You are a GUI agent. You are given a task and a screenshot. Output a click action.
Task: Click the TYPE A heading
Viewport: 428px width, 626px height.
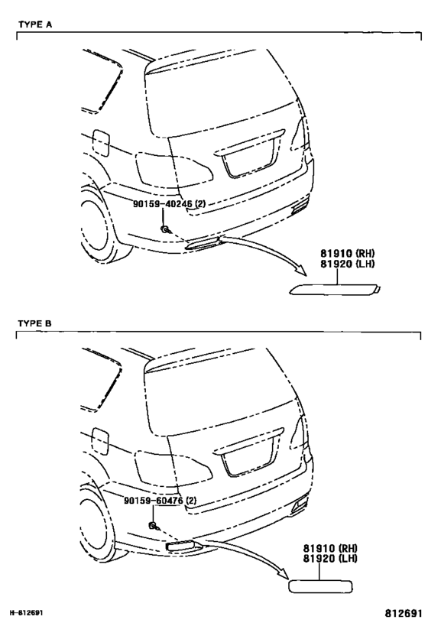pyautogui.click(x=35, y=24)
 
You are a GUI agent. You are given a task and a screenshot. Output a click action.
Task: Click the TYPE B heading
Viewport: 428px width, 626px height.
pyautogui.click(x=35, y=323)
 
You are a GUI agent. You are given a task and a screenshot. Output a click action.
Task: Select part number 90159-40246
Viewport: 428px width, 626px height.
pyautogui.click(x=163, y=203)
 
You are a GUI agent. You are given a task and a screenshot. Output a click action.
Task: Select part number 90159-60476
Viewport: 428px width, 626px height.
pyautogui.click(x=154, y=500)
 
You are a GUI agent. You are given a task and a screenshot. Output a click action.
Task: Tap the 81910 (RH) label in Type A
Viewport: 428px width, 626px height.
pyautogui.click(x=347, y=253)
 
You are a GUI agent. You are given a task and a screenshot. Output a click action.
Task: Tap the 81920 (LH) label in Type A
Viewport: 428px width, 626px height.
pyautogui.click(x=347, y=264)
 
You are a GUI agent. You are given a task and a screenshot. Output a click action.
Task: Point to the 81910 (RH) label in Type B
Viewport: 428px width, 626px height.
pyautogui.click(x=329, y=548)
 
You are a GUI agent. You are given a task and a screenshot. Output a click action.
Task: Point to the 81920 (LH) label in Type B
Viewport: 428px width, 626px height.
pyautogui.click(x=329, y=558)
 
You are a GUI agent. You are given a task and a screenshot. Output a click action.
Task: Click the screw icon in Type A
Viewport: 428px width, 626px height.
pyautogui.click(x=165, y=229)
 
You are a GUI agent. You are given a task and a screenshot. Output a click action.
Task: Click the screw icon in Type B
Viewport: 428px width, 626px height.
pyautogui.click(x=154, y=526)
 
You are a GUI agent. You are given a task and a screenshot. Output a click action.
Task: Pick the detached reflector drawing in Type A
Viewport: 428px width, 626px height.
pyautogui.click(x=335, y=289)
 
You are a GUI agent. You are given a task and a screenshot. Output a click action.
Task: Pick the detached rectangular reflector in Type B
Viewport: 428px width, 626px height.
pyautogui.click(x=320, y=585)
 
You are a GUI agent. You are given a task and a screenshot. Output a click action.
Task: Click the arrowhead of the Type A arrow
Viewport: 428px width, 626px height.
pyautogui.click(x=300, y=271)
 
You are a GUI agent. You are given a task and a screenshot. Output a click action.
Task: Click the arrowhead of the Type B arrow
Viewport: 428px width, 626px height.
pyautogui.click(x=282, y=573)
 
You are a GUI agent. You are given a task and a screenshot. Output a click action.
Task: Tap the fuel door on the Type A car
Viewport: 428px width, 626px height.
pyautogui.click(x=101, y=142)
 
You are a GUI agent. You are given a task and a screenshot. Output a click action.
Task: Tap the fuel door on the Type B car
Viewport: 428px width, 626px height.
pyautogui.click(x=100, y=441)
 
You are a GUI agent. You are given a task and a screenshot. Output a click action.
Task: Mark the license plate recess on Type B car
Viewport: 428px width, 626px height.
pyautogui.click(x=248, y=459)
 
